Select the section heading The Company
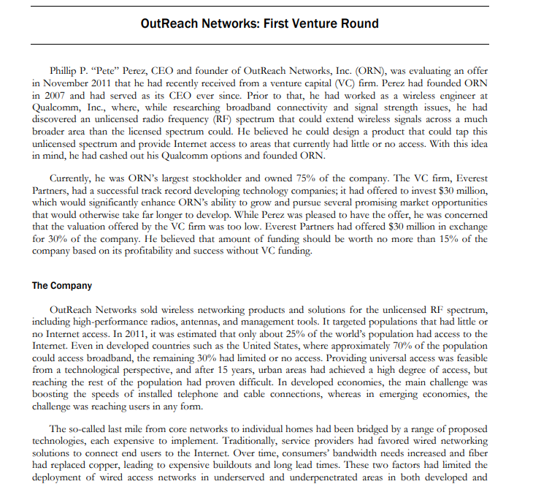click(62, 286)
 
